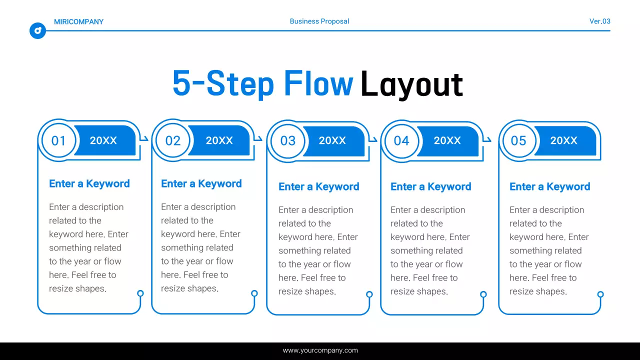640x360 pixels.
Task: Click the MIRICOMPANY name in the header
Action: pyautogui.click(x=78, y=21)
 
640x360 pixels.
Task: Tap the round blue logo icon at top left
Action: pyautogui.click(x=37, y=30)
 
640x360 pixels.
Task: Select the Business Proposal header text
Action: pyautogui.click(x=319, y=21)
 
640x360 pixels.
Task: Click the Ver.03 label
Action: pyautogui.click(x=599, y=21)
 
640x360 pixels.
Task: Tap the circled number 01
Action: pyautogui.click(x=58, y=140)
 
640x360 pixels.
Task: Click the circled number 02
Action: pyautogui.click(x=172, y=140)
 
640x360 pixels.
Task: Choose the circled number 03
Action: pyautogui.click(x=287, y=140)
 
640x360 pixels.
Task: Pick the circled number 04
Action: pyautogui.click(x=401, y=140)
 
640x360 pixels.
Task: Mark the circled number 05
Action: pyautogui.click(x=518, y=140)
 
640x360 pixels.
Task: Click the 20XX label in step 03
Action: pyautogui.click(x=332, y=140)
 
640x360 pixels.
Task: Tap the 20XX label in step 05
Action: pyautogui.click(x=563, y=140)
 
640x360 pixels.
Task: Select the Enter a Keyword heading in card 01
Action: pyautogui.click(x=89, y=183)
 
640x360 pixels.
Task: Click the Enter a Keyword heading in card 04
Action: pyautogui.click(x=430, y=186)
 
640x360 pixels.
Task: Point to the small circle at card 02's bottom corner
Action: pyautogui.click(x=254, y=293)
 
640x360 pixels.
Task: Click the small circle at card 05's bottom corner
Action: pyautogui.click(x=600, y=294)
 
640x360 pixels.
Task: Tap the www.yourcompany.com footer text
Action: pyautogui.click(x=320, y=350)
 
